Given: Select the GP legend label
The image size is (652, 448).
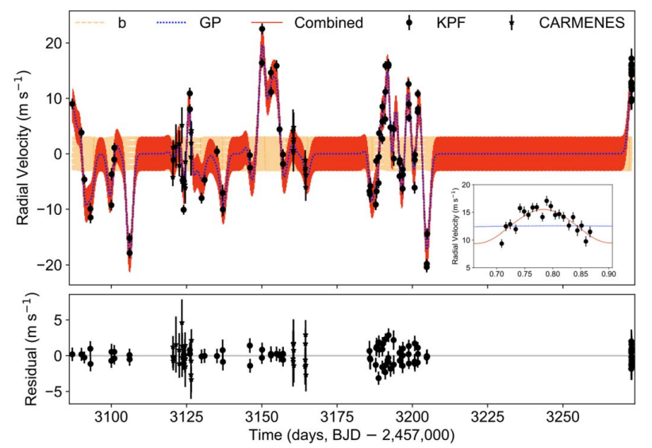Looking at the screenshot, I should [x=210, y=23].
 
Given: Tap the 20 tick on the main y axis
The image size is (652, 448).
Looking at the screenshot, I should [x=52, y=43].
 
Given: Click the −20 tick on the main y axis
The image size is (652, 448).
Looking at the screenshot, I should [x=49, y=265].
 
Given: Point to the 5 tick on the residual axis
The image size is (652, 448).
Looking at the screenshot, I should [x=56, y=319].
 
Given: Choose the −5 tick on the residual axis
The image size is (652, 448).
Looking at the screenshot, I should [x=52, y=392].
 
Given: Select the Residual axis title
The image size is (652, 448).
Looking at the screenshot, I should [x=23, y=350].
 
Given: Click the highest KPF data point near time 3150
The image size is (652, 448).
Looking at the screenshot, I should [x=262, y=29].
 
